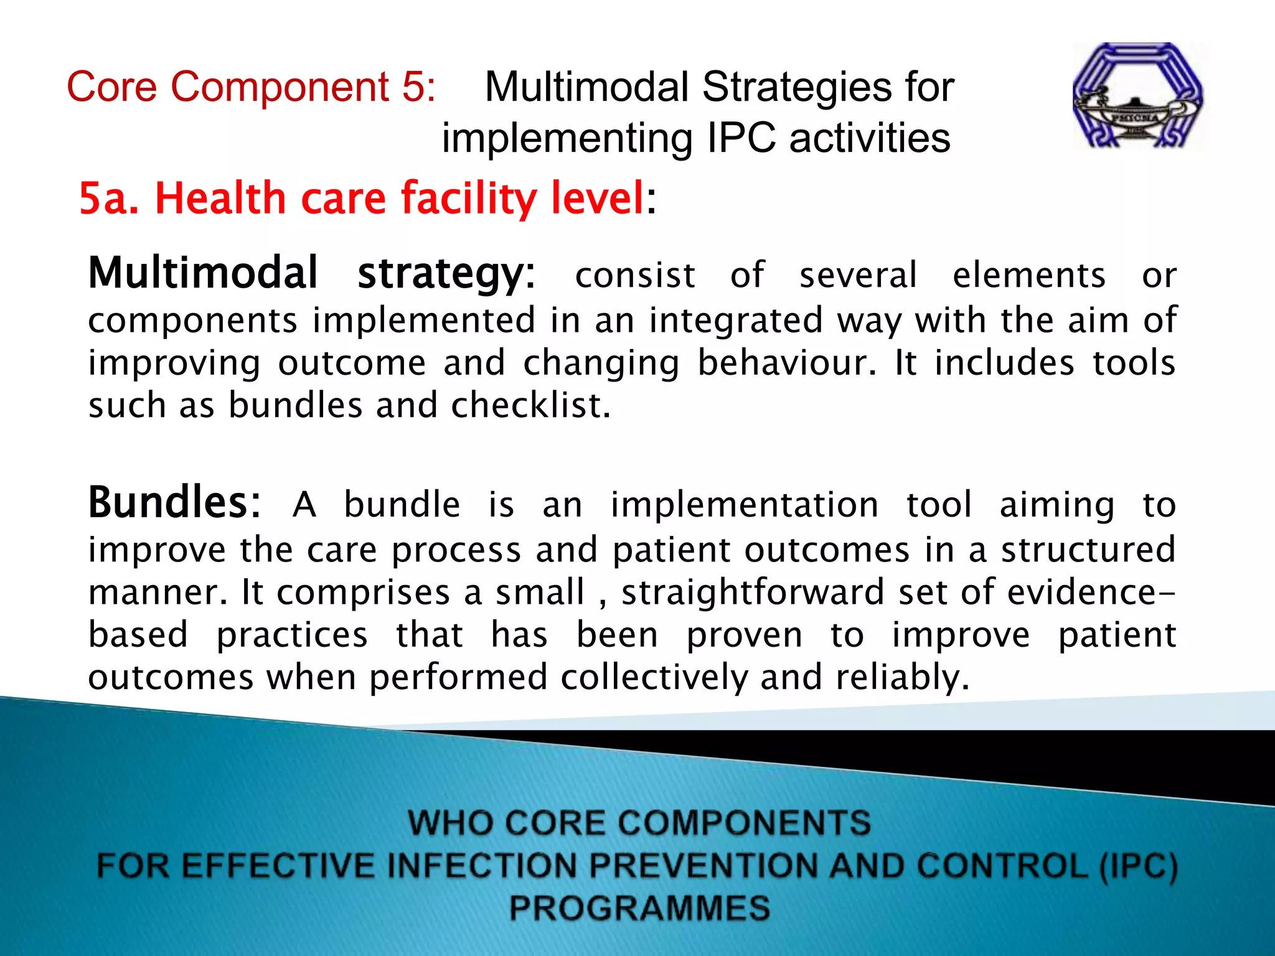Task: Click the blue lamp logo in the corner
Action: pyautogui.click(x=1138, y=96)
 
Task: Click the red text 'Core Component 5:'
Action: pyautogui.click(x=251, y=87)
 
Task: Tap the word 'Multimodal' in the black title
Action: pyautogui.click(x=586, y=87)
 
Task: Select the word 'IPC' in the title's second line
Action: pyautogui.click(x=741, y=138)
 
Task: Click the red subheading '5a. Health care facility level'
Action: pyautogui.click(x=361, y=199)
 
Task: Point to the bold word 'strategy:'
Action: pyautogui.click(x=446, y=274)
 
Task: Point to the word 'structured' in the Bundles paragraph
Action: pyautogui.click(x=1088, y=550)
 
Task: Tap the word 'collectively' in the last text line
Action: pyautogui.click(x=654, y=677)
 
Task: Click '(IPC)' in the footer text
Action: pyautogui.click(x=1138, y=866)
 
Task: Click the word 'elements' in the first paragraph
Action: pyautogui.click(x=1028, y=275)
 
